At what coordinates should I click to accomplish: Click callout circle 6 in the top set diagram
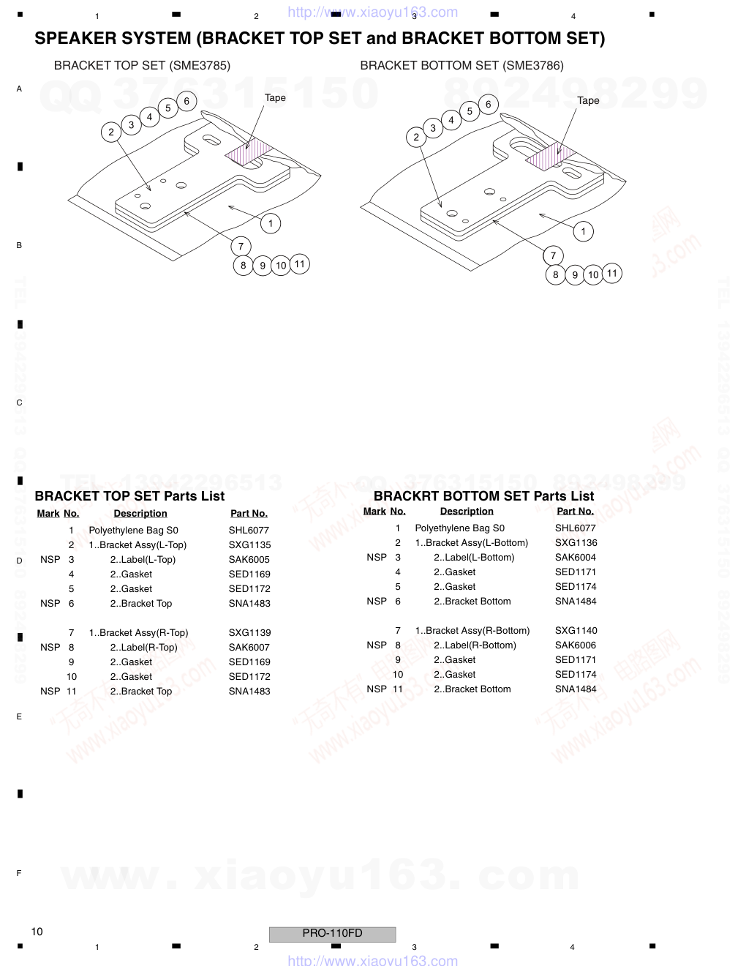[186, 101]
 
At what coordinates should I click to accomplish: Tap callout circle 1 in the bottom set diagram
[583, 231]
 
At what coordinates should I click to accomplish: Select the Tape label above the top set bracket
[275, 98]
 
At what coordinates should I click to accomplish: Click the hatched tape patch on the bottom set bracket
[551, 156]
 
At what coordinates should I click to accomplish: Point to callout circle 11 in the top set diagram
[300, 264]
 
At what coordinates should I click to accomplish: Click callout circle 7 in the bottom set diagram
[553, 255]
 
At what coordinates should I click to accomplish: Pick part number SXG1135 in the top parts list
[249, 544]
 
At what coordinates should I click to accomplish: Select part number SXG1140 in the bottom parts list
[576, 630]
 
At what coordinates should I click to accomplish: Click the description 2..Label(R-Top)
[143, 647]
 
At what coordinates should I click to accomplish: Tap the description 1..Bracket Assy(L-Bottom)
[472, 543]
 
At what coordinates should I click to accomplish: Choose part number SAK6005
[249, 559]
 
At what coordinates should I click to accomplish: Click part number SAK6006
[576, 645]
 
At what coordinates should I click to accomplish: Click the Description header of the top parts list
[140, 514]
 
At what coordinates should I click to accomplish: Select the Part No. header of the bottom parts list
[576, 512]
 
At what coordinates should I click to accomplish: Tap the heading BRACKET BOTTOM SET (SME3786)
[461, 66]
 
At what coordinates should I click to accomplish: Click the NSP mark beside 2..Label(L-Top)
[50, 559]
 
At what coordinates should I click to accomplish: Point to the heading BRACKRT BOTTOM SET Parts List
[483, 495]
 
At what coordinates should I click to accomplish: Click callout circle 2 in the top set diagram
[111, 132]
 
